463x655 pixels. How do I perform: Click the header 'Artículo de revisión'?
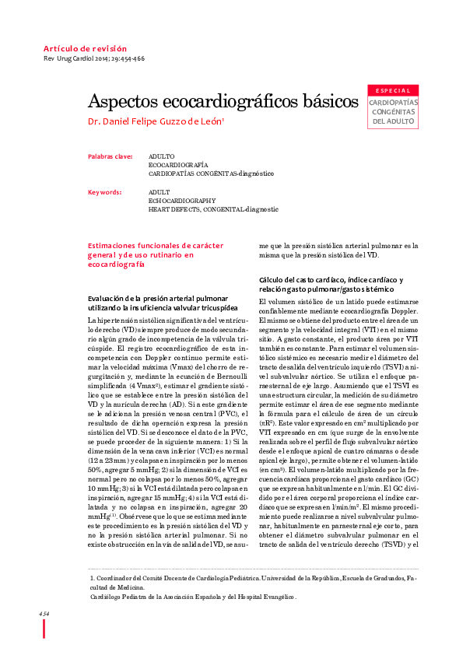click(85, 49)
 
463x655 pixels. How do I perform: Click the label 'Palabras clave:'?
click(110, 156)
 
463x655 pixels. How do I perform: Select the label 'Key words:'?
click(105, 191)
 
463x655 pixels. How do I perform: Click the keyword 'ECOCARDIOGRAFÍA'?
click(178, 166)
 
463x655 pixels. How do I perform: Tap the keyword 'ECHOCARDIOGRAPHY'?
click(181, 201)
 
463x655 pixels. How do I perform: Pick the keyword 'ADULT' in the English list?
click(159, 191)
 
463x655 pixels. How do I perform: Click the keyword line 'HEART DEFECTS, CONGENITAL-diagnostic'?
click(212, 210)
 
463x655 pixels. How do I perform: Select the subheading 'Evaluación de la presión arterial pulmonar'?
click(158, 299)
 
